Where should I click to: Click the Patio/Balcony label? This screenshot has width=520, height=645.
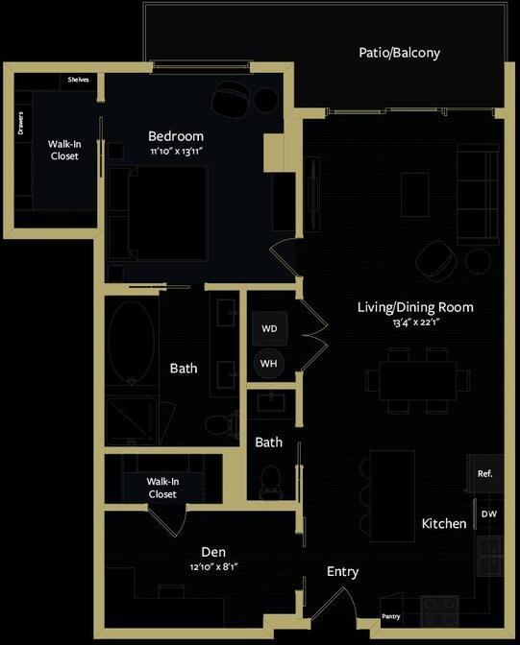(399, 53)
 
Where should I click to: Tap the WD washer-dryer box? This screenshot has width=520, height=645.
(269, 328)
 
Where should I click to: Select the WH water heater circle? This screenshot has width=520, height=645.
(269, 364)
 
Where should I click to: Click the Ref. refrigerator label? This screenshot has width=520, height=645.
(484, 473)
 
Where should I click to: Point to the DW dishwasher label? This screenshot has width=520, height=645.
(488, 514)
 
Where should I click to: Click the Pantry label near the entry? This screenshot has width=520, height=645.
(390, 616)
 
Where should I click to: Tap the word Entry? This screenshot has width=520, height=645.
(342, 572)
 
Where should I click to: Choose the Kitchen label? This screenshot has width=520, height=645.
(444, 524)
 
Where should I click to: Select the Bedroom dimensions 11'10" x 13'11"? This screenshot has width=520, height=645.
(176, 152)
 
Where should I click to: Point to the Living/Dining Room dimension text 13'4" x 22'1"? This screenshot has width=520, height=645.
(415, 323)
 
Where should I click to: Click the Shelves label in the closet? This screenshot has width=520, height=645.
(78, 80)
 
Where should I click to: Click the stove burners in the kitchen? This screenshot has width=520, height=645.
(440, 607)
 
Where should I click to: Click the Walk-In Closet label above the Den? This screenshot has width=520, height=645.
(162, 488)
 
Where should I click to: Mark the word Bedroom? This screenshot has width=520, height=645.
(176, 136)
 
